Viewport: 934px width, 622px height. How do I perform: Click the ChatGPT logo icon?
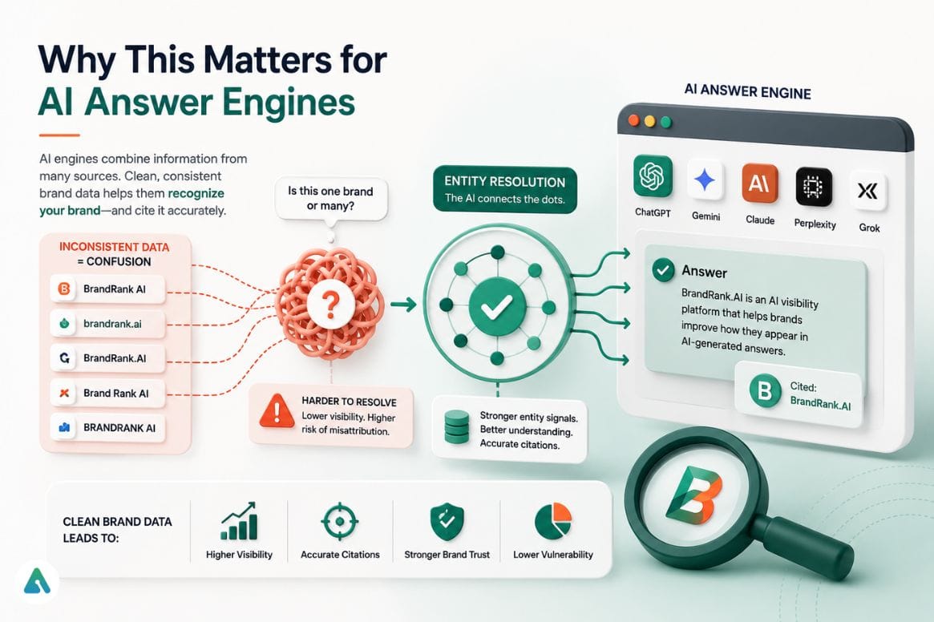pyautogui.click(x=653, y=176)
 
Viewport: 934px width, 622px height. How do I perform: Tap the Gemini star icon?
pyautogui.click(x=706, y=180)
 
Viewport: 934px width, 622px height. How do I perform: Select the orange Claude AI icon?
pyautogui.click(x=759, y=183)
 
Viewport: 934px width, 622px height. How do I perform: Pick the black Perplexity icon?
pyautogui.click(x=814, y=187)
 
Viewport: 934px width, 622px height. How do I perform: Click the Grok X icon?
pyautogui.click(x=867, y=191)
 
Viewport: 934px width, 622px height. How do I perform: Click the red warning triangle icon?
pyautogui.click(x=277, y=410)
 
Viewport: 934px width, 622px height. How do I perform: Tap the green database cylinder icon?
pyautogui.click(x=457, y=426)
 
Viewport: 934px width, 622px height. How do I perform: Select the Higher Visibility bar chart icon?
pyautogui.click(x=239, y=521)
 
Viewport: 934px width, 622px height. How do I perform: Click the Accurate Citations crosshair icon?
pyautogui.click(x=340, y=521)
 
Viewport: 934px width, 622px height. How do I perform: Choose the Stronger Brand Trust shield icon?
pyautogui.click(x=447, y=521)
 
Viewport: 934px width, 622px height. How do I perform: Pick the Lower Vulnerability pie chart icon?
pyautogui.click(x=552, y=521)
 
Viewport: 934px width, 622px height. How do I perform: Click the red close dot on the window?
pyautogui.click(x=634, y=120)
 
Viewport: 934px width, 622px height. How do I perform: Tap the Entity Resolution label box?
pyautogui.click(x=504, y=189)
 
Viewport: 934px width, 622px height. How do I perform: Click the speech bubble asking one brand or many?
pyautogui.click(x=330, y=200)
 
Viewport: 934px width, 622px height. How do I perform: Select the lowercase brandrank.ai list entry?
pyautogui.click(x=107, y=324)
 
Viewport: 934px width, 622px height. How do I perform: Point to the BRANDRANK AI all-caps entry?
pyautogui.click(x=107, y=428)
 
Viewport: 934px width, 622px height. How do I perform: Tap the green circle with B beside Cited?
pyautogui.click(x=765, y=391)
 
